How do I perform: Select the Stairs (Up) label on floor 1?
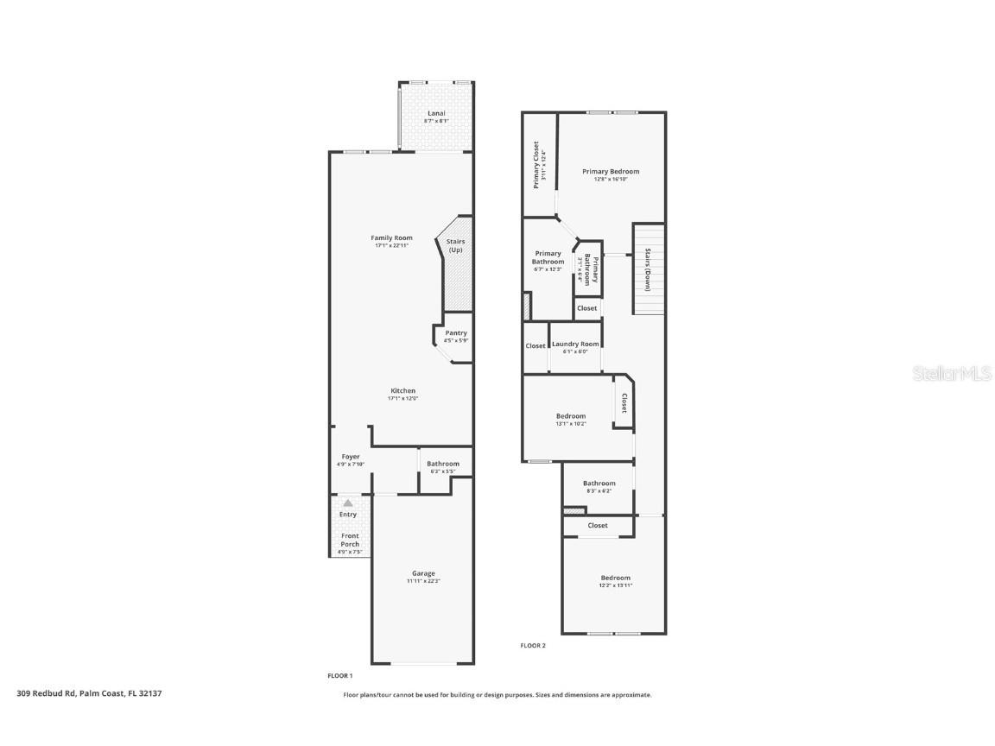point(455,245)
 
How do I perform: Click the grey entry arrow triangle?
point(348,502)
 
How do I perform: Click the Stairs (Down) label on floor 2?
point(648,269)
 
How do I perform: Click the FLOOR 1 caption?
point(339,675)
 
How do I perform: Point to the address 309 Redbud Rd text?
point(89,692)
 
